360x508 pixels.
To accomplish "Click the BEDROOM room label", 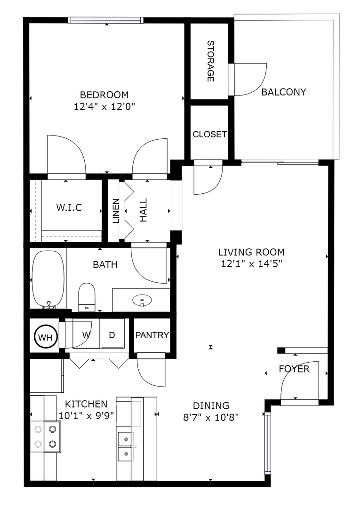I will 104,94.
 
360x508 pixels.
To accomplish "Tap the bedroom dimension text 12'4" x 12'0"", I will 104,107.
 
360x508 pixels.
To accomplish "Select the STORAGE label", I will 210,61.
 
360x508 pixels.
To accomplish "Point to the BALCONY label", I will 283,92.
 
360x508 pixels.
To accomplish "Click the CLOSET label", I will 209,135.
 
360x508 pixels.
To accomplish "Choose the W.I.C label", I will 69,207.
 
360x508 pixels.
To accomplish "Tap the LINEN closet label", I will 115,210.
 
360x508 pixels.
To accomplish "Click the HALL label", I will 143,210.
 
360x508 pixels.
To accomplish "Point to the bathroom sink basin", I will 141,299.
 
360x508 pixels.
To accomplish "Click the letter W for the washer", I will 87,335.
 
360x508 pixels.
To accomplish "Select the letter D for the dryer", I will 112,335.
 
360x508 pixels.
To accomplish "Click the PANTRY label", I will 152,335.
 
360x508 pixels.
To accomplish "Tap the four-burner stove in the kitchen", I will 46,436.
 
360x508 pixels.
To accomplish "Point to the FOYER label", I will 294,369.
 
